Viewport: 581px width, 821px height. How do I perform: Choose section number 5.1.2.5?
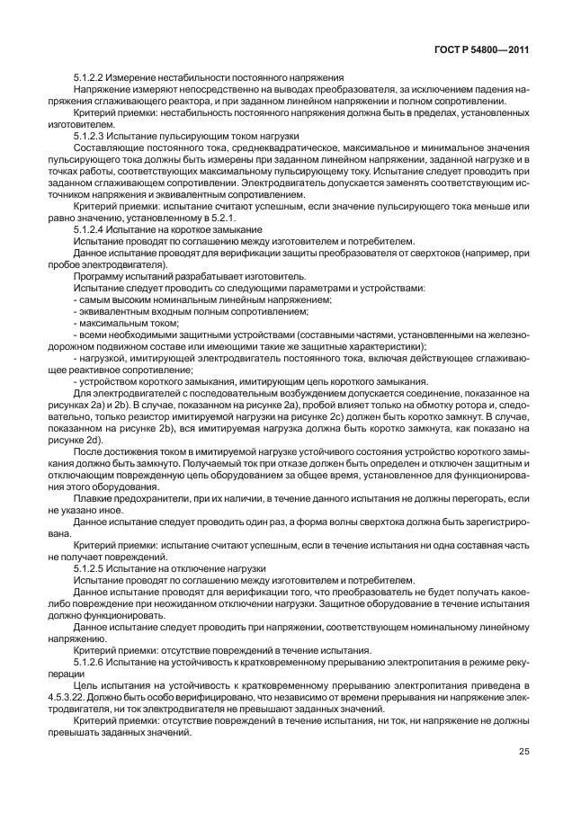click(x=91, y=568)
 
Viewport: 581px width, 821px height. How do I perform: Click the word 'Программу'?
click(x=99, y=275)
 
